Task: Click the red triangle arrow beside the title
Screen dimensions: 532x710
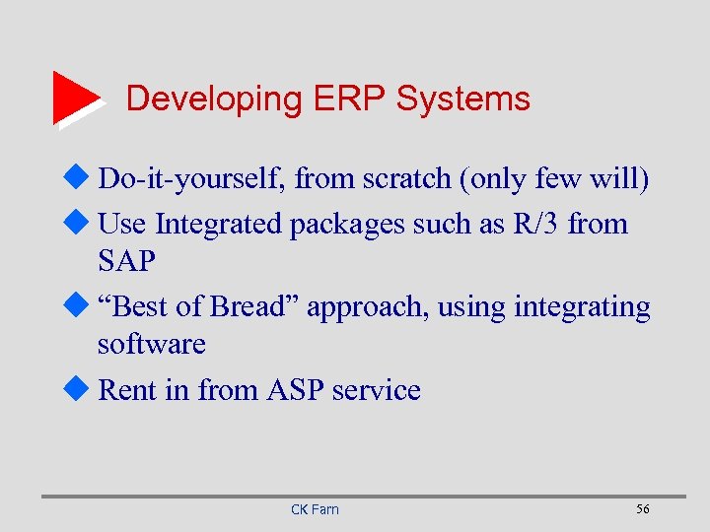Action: tap(74, 98)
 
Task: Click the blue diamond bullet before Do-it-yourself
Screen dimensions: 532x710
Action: tap(83, 179)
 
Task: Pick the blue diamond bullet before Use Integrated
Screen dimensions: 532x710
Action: tap(83, 224)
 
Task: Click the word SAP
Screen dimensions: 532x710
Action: tap(127, 261)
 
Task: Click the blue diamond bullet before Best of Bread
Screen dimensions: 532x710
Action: tap(83, 306)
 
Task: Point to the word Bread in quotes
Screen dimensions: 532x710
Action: tap(248, 307)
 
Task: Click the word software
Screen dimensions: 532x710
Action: tap(151, 345)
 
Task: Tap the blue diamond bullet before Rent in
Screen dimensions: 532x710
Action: tap(83, 389)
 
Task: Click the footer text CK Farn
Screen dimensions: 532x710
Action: tap(315, 509)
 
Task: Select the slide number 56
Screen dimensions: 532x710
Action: tap(643, 508)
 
